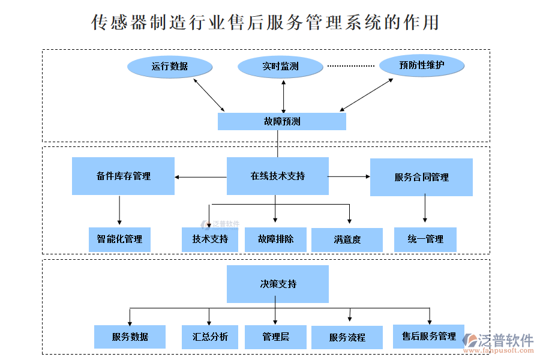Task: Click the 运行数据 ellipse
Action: tap(170, 66)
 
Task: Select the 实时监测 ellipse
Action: tap(280, 66)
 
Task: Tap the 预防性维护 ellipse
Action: tap(422, 65)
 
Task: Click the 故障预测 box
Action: tap(281, 121)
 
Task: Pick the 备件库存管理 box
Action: tap(123, 176)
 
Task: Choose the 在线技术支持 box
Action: tap(277, 176)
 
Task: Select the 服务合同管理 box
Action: tap(421, 177)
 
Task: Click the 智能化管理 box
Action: tap(119, 239)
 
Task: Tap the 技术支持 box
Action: tap(210, 239)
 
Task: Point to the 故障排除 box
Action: tap(275, 239)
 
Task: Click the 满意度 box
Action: tap(347, 239)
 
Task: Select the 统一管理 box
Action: tap(425, 239)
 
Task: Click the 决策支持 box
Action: tap(277, 284)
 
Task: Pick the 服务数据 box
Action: tap(130, 337)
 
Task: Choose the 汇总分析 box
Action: tap(210, 337)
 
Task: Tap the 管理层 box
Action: tap(275, 337)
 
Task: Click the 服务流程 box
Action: tap(347, 337)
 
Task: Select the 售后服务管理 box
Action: tap(428, 336)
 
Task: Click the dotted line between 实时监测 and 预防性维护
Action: tap(350, 65)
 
